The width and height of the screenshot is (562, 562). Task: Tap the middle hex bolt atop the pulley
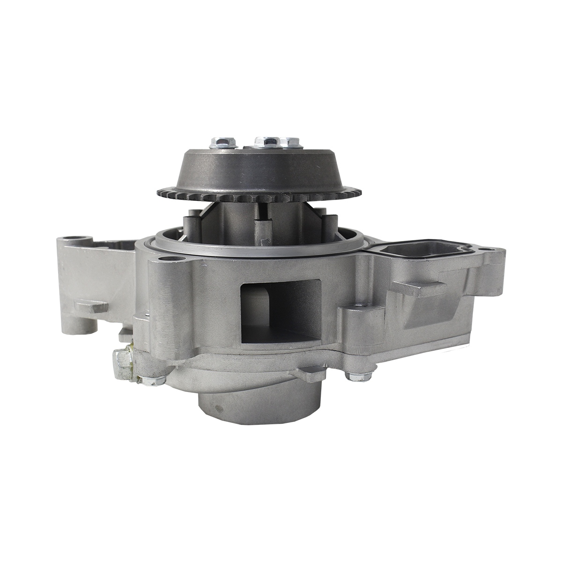tap(266, 140)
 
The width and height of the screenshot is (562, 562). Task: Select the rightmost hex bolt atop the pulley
tap(292, 141)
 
